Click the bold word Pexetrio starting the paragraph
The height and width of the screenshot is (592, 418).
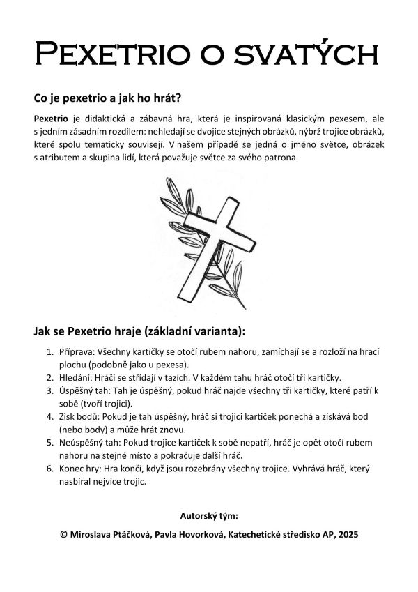[x=50, y=119]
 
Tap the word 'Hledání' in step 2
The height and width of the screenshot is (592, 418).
[x=76, y=377]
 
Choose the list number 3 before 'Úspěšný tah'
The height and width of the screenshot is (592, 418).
[x=49, y=390]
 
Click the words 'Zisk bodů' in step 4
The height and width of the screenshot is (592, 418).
[x=79, y=416]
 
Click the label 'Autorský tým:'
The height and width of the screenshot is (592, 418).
[x=209, y=516]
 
